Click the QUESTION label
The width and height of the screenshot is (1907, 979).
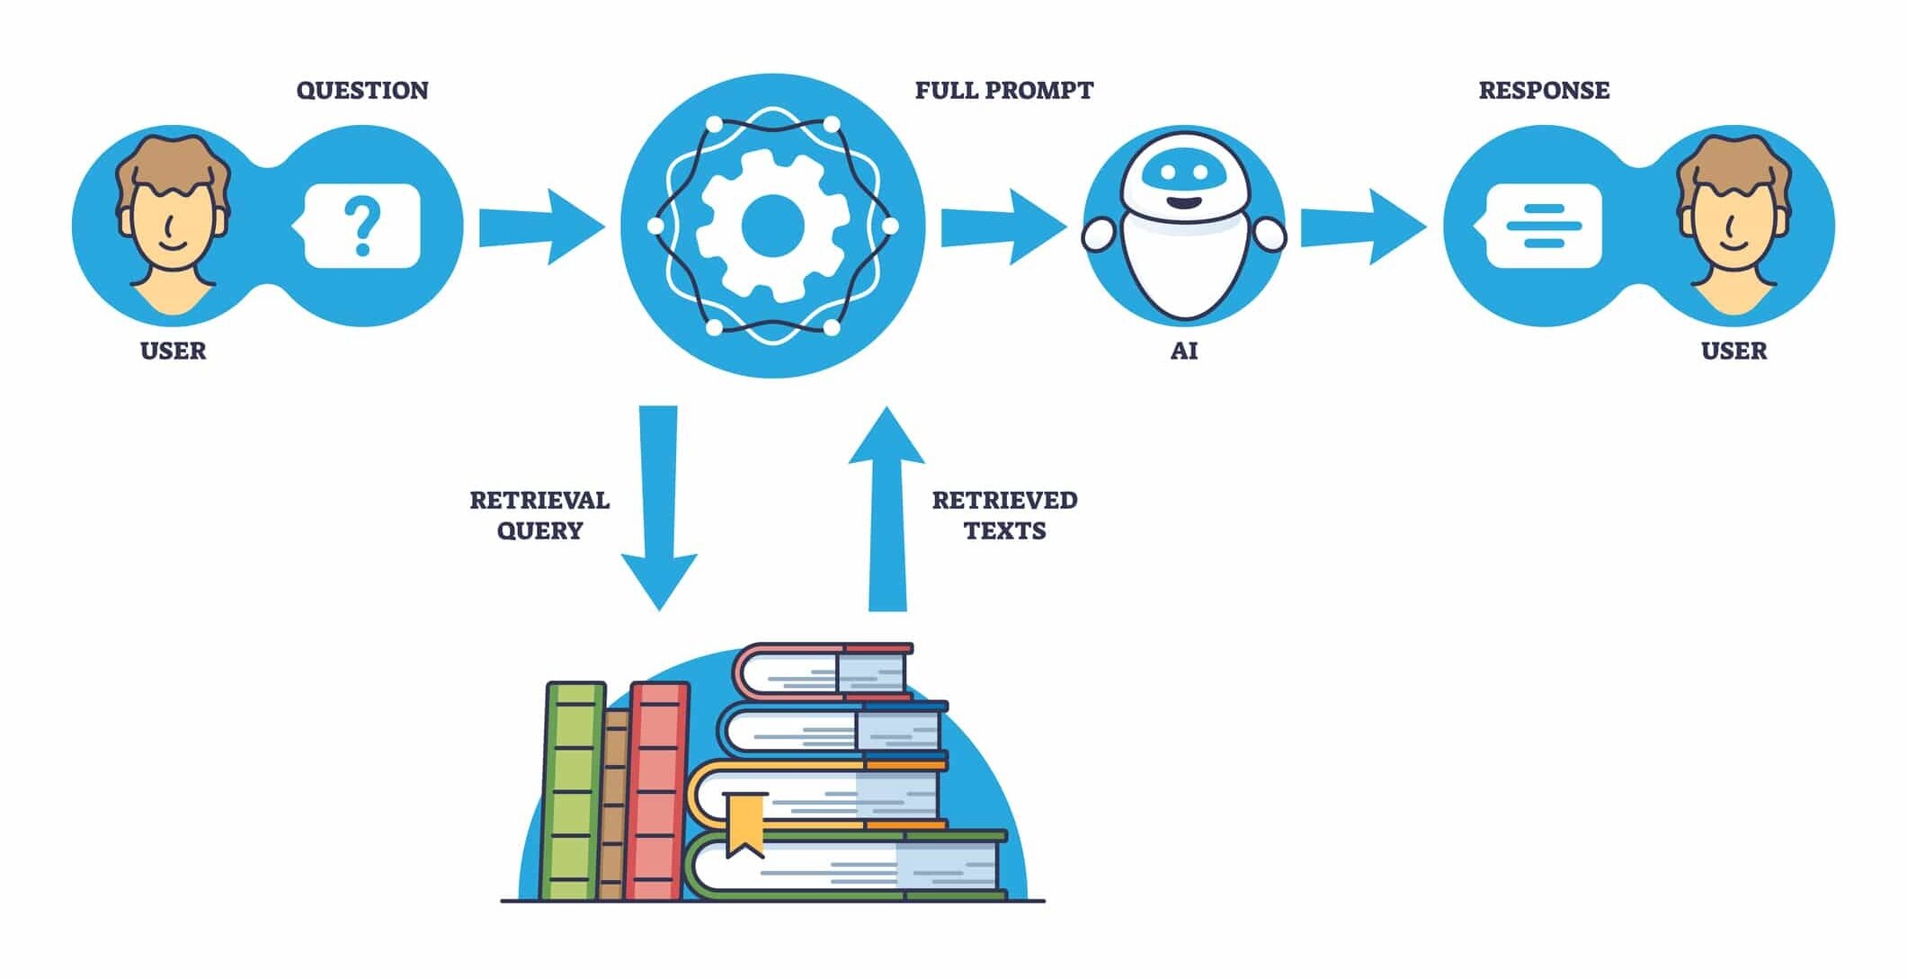[x=362, y=90]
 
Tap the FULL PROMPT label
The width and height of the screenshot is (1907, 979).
[x=1003, y=90]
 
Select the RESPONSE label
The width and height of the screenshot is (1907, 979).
[x=1544, y=90]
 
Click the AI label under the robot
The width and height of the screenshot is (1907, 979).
[x=1184, y=351]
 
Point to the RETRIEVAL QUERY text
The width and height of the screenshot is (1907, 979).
[x=539, y=515]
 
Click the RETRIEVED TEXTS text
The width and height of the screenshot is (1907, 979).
[x=1004, y=515]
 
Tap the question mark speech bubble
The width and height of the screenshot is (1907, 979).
[x=361, y=227]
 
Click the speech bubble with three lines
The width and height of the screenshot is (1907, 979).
[x=1543, y=227]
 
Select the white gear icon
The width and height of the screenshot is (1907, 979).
[x=771, y=226]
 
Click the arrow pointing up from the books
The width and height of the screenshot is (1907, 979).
[x=887, y=508]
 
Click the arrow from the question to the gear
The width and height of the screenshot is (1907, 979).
[x=540, y=227]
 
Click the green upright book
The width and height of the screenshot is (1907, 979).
[x=574, y=791]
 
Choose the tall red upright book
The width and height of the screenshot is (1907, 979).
[x=658, y=791]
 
